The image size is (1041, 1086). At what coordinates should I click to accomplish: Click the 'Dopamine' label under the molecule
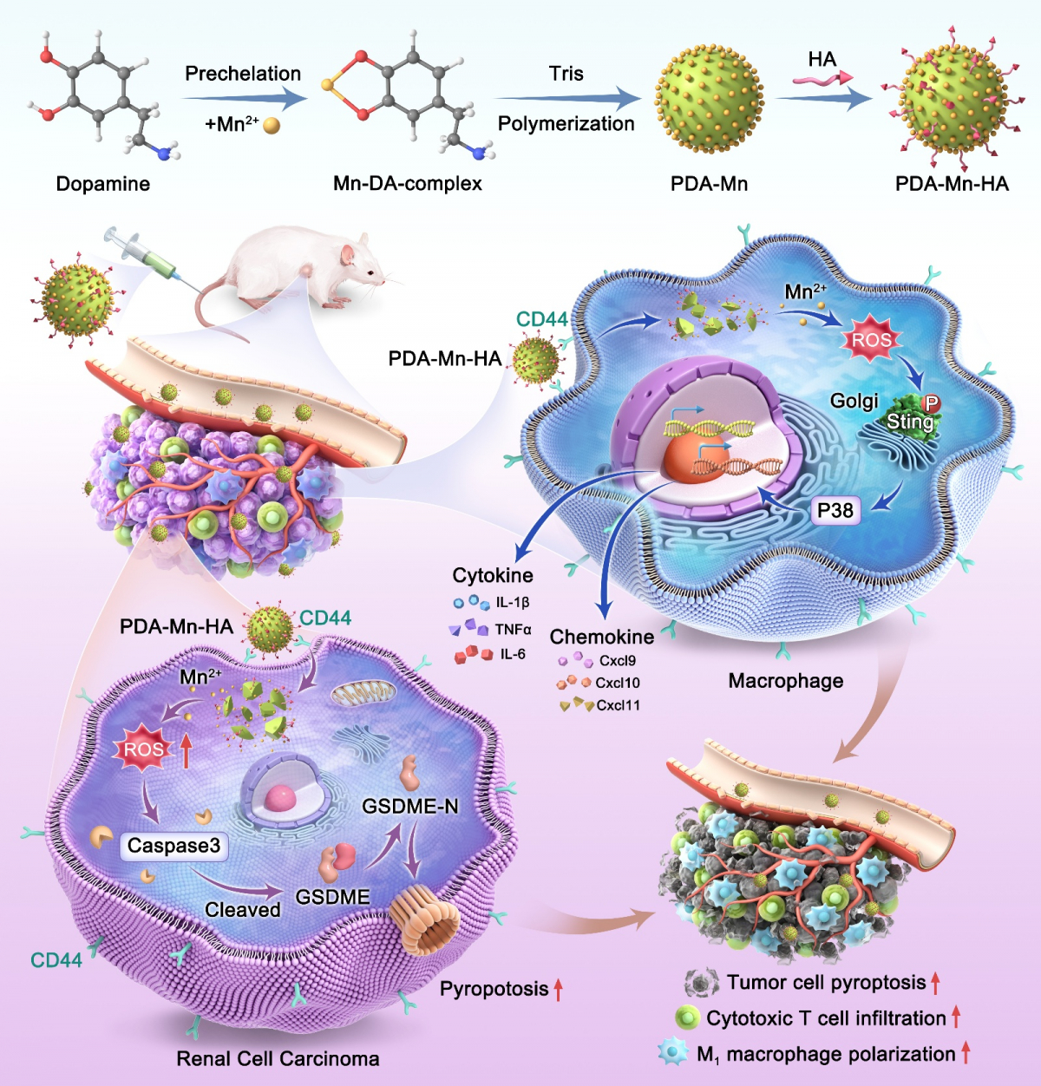point(102,184)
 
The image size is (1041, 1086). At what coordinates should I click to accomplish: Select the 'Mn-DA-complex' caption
point(407,184)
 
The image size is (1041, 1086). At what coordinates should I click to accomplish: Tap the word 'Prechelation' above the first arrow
point(243,74)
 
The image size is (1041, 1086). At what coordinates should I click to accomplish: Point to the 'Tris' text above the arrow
point(566,74)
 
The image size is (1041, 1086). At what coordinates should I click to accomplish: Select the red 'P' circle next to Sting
point(931,403)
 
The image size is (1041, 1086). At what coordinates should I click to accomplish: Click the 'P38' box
point(835,511)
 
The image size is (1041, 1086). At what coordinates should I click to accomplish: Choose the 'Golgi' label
point(854,401)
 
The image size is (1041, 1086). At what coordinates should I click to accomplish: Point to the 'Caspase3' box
point(173,846)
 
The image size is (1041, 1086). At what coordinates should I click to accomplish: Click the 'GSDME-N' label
point(409,807)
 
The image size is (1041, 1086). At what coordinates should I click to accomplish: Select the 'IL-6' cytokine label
point(512,654)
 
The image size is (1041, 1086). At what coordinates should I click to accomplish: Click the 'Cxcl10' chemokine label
point(618,683)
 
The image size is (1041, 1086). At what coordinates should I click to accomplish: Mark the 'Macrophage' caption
point(785,681)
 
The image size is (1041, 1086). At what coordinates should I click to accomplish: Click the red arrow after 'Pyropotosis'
point(559,988)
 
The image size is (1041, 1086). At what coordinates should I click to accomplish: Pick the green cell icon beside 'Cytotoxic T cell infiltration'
point(687,1018)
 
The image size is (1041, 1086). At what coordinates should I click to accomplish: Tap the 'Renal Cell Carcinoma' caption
point(278,1059)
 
